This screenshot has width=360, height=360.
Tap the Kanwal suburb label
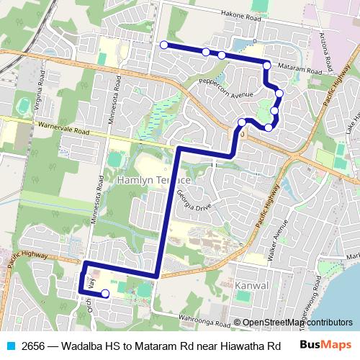coord(251,285)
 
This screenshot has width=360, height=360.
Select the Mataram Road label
coord(299,70)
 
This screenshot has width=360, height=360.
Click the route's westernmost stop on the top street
coord(164,45)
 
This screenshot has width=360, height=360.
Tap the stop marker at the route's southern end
coord(105,293)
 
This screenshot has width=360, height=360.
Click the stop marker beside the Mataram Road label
coord(267,66)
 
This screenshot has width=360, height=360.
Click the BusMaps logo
coord(325,345)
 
